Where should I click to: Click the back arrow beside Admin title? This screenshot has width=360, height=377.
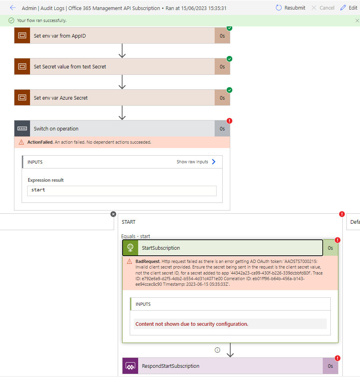(x=13, y=8)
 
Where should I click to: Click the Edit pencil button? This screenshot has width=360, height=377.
(x=348, y=8)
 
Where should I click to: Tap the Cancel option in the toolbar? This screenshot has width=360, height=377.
(x=323, y=8)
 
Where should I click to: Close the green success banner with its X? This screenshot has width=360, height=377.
(x=357, y=20)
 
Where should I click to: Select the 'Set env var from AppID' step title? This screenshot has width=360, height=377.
(x=60, y=36)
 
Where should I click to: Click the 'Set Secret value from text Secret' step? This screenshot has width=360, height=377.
(x=70, y=67)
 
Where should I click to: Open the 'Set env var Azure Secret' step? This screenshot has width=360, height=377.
(x=61, y=98)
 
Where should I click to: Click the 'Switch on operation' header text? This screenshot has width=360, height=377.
(x=56, y=129)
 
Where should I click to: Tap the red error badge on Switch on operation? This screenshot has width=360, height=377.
(x=229, y=121)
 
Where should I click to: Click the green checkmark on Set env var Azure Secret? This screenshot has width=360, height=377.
(x=229, y=90)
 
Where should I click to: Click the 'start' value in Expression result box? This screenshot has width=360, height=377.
(x=38, y=190)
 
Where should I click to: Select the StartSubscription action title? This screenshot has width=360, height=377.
(x=161, y=248)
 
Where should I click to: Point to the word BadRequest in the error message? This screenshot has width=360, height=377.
(x=148, y=261)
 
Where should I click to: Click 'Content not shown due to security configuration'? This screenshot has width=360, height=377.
(x=192, y=324)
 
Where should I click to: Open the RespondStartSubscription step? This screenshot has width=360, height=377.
(x=171, y=366)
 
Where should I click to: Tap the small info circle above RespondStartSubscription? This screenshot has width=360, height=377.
(x=217, y=350)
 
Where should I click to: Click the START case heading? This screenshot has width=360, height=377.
(x=129, y=222)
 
